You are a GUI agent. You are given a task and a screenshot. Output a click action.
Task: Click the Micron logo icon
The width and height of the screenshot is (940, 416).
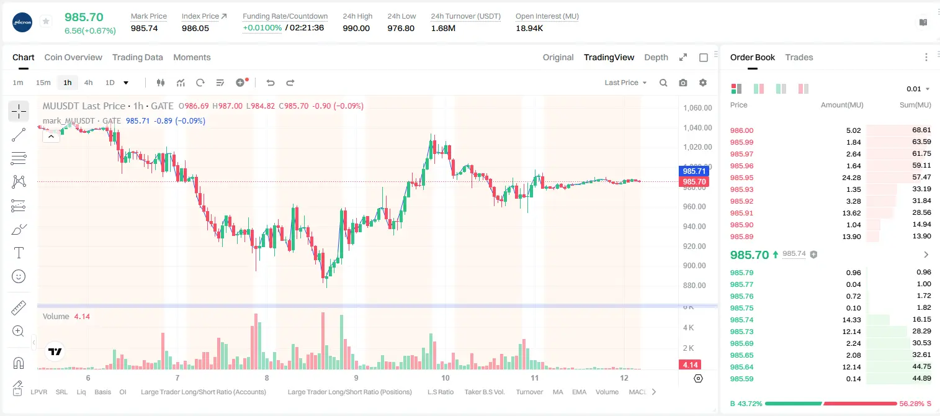coord(22,23)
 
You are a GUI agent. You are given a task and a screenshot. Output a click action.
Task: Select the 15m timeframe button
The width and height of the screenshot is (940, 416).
coord(43,83)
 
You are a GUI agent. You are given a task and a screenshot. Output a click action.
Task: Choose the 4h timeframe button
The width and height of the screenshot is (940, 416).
coord(88,83)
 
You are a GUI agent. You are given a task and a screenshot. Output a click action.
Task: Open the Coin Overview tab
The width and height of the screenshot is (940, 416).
coord(73,58)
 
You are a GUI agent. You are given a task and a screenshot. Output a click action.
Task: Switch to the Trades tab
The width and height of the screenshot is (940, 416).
coord(799,58)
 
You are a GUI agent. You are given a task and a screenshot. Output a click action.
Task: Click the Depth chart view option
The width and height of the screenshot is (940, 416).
coord(656,58)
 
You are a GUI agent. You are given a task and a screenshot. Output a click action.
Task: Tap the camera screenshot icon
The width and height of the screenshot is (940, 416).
coord(683,83)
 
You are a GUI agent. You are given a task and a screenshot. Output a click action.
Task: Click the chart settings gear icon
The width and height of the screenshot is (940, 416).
coord(703,83)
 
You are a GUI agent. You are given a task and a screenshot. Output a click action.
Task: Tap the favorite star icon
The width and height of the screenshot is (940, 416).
coord(46,21)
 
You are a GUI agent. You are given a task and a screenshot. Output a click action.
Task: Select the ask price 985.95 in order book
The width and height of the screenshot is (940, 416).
coord(741,178)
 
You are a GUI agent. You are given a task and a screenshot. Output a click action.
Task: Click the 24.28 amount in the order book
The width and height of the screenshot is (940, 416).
coord(851,178)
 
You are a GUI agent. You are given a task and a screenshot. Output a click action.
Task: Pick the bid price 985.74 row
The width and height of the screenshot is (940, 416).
coord(741,320)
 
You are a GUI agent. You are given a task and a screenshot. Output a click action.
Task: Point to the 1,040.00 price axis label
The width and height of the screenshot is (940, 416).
coord(697,128)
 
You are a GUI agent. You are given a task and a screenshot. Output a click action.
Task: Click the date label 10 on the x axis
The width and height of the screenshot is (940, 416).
coord(445,378)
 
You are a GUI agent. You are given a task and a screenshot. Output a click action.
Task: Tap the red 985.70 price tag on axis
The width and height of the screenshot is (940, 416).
coord(694,182)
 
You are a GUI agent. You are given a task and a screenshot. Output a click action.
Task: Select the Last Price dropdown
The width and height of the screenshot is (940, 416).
coord(625,83)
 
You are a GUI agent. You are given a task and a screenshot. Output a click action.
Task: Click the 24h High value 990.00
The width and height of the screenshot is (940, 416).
coord(356,28)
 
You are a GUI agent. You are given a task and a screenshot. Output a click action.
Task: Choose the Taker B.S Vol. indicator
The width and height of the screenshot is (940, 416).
coord(484,392)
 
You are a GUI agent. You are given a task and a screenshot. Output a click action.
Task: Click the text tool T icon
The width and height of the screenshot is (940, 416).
coord(19,253)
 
